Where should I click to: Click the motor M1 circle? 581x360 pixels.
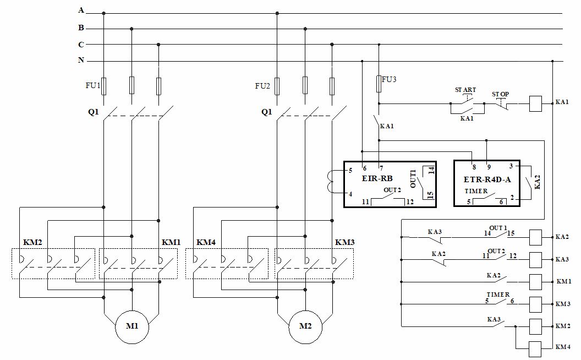[132, 326]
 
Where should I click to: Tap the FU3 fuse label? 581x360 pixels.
[389, 79]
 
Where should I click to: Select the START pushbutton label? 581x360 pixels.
[465, 90]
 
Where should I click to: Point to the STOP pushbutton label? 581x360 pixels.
[500, 94]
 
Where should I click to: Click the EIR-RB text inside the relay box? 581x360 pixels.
[377, 178]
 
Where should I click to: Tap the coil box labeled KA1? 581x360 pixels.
[536, 103]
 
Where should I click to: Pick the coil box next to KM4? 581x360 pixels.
[536, 347]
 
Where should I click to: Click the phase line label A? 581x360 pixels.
[81, 10]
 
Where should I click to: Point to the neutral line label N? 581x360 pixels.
[81, 60]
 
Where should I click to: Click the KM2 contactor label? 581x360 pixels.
[32, 242]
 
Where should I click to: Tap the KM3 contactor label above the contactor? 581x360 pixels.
[344, 242]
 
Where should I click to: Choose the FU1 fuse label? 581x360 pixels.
[92, 85]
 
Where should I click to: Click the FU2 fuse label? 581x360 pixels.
[263, 86]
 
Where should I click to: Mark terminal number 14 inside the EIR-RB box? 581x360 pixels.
[431, 171]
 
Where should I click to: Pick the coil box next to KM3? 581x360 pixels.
[536, 303]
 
